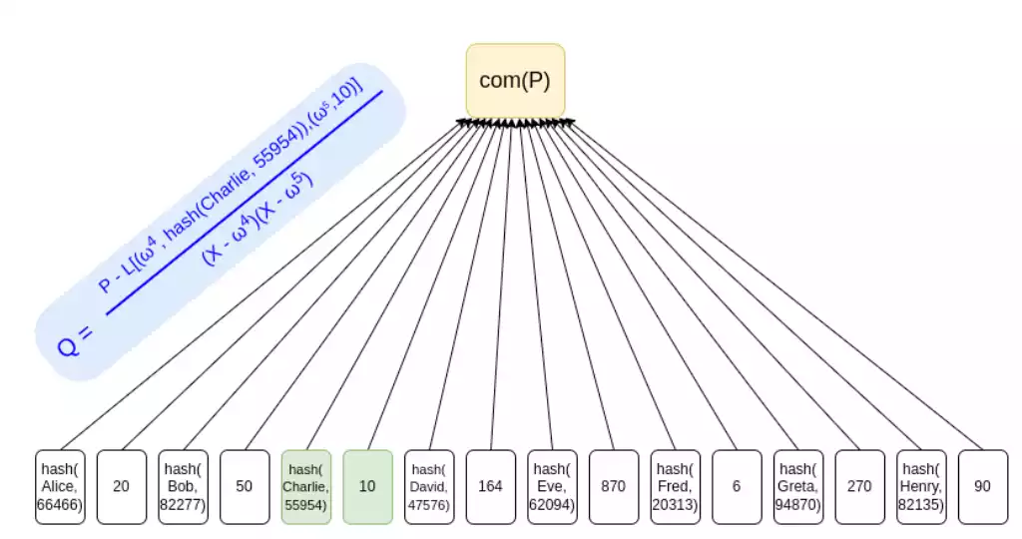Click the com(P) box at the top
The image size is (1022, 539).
[515, 80]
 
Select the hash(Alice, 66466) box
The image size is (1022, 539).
[61, 486]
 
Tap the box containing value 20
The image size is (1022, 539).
[121, 486]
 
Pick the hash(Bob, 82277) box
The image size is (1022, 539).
[184, 486]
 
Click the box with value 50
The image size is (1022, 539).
[245, 486]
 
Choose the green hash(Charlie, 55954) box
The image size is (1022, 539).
[306, 486]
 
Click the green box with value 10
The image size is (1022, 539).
[367, 486]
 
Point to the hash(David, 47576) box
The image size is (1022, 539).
[429, 486]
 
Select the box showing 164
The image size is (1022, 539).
[490, 486]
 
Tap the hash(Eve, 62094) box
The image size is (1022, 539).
[552, 486]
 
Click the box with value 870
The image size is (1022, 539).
[613, 486]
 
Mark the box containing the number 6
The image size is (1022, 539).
[737, 486]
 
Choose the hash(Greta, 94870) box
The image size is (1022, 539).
[798, 486]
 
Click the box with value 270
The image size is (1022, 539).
[859, 486]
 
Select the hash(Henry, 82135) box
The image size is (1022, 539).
[921, 486]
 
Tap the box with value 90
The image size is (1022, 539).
[982, 486]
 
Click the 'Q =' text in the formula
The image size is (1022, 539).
[76, 340]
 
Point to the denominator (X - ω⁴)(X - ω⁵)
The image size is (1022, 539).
[258, 217]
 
